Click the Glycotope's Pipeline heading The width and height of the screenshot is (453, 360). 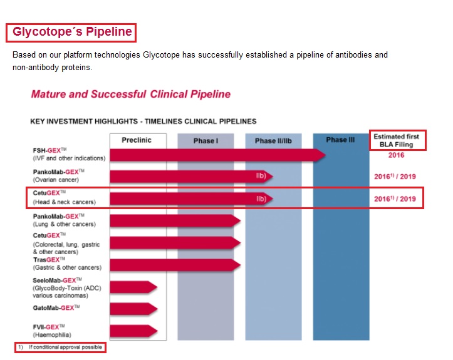tap(71, 32)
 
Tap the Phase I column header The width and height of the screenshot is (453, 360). tap(206, 141)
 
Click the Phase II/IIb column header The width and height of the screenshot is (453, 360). tap(273, 141)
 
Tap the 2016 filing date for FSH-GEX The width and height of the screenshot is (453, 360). tap(396, 155)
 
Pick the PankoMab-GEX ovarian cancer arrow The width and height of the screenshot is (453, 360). tap(188, 176)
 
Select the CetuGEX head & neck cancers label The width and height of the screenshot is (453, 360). tap(65, 198)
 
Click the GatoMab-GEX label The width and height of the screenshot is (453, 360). tap(56, 307)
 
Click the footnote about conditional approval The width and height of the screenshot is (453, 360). tap(60, 347)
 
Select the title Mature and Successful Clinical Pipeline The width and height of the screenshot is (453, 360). tap(131, 95)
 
